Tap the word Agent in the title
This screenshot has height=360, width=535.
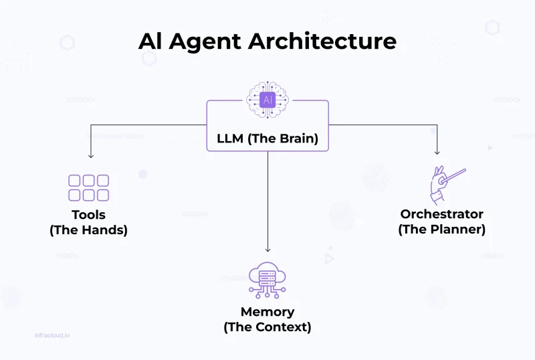(208, 41)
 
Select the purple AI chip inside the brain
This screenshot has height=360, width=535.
(267, 100)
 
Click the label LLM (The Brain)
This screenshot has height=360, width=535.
(267, 140)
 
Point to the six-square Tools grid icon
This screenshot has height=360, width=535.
(88, 188)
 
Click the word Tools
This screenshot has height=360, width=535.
(88, 215)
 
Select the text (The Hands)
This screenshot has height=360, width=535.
(88, 230)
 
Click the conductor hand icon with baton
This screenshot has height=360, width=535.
(446, 185)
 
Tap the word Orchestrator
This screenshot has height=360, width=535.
(441, 214)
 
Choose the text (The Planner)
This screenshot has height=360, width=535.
(441, 229)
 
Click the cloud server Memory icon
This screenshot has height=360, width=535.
(267, 280)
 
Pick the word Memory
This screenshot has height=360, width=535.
(267, 312)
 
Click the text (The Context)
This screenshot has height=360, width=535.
(267, 327)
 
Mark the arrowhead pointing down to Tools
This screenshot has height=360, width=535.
(91, 155)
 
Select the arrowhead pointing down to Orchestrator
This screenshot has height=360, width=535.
(437, 152)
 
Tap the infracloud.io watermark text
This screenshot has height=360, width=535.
(51, 335)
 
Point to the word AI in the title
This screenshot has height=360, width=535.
(150, 41)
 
